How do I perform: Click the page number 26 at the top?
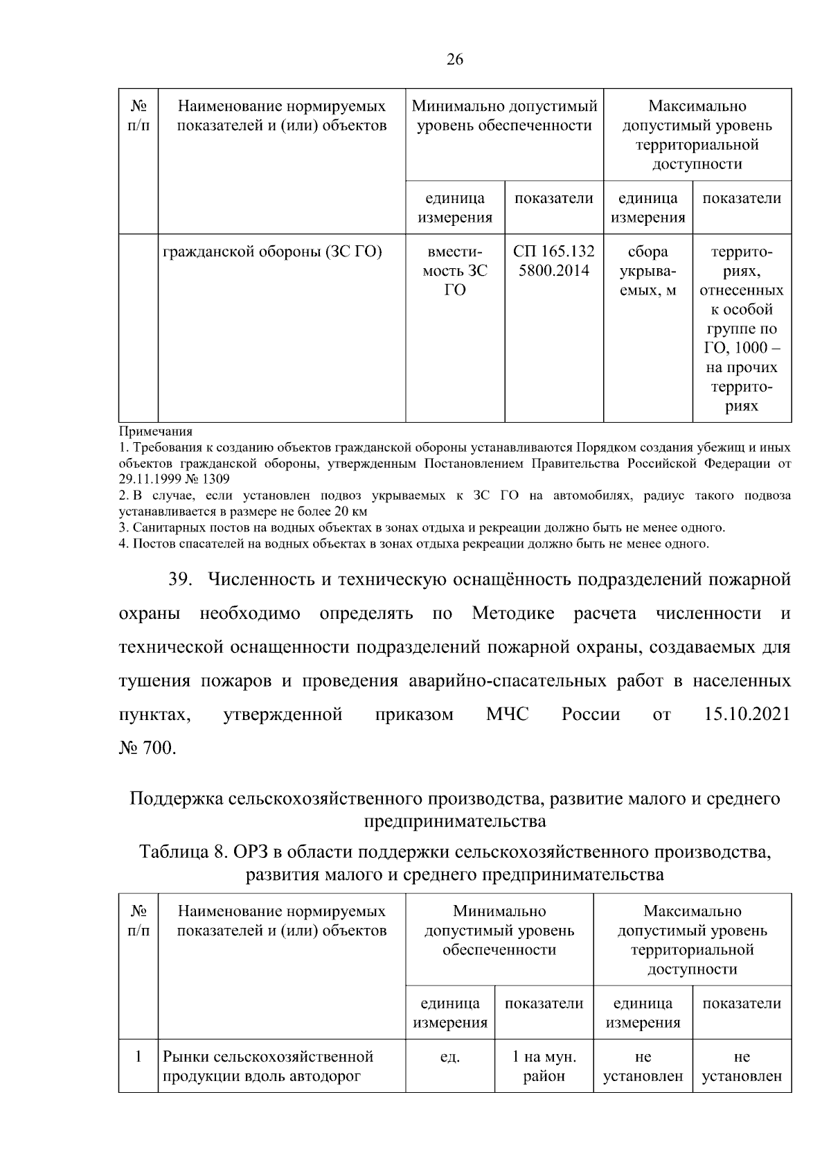pos(455,60)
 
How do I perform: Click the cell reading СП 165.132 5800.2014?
pos(553,261)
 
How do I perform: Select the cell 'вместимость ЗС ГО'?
pos(454,271)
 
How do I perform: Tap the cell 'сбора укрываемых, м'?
pos(647,271)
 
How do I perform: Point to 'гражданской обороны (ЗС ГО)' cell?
pos(273,252)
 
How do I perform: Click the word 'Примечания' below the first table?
pos(155,432)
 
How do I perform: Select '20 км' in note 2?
pos(352,512)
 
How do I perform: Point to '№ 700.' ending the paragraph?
pos(148,748)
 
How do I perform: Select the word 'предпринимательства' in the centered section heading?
pos(455,821)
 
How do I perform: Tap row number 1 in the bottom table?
pos(138,1057)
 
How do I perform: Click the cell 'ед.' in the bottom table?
pos(450,1057)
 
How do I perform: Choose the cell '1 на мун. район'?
pos(544,1067)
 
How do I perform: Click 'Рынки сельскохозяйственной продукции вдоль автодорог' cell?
pos(268,1067)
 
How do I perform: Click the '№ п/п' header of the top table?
pos(138,116)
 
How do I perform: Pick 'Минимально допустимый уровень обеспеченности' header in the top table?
pos(504,116)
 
